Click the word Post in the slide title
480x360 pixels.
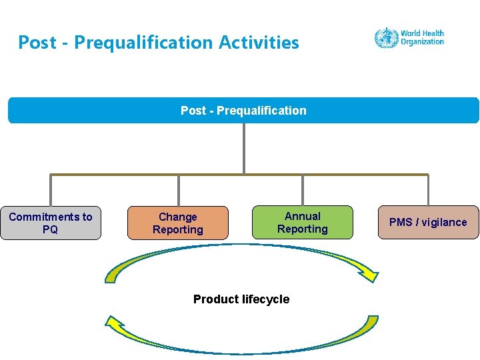pyautogui.click(x=37, y=43)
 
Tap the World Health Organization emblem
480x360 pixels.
pyautogui.click(x=385, y=37)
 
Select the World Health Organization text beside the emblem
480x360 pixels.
pyautogui.click(x=422, y=37)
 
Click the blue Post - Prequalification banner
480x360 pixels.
pyautogui.click(x=243, y=111)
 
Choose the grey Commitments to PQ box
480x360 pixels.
pyautogui.click(x=51, y=223)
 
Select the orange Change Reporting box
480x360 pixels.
pyautogui.click(x=177, y=223)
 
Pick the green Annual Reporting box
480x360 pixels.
pyautogui.click(x=303, y=222)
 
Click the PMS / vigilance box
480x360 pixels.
pyautogui.click(x=428, y=222)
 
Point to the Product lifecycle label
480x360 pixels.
pyautogui.click(x=241, y=299)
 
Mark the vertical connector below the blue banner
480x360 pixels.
pyautogui.click(x=244, y=148)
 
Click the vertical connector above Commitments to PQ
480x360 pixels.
pyautogui.click(x=51, y=190)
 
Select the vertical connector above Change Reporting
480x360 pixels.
pyautogui.click(x=178, y=190)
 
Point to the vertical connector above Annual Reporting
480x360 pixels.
pyautogui.click(x=303, y=190)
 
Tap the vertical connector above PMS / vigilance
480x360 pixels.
pyautogui.click(x=428, y=190)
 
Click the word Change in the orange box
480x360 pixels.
pyautogui.click(x=177, y=217)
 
